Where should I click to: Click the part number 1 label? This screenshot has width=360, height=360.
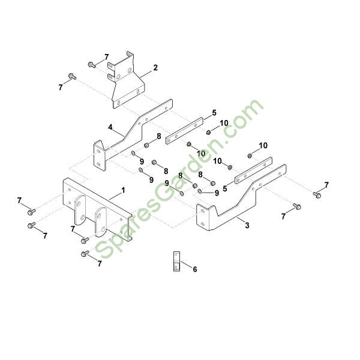[123, 190]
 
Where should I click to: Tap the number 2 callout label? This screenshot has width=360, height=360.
[155, 68]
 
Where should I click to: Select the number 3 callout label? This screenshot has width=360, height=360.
[247, 226]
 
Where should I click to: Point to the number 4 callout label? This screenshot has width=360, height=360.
[110, 127]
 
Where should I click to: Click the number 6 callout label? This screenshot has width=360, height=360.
[195, 269]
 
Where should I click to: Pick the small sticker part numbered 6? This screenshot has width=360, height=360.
[176, 261]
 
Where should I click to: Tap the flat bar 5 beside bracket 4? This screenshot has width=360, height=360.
[185, 131]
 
